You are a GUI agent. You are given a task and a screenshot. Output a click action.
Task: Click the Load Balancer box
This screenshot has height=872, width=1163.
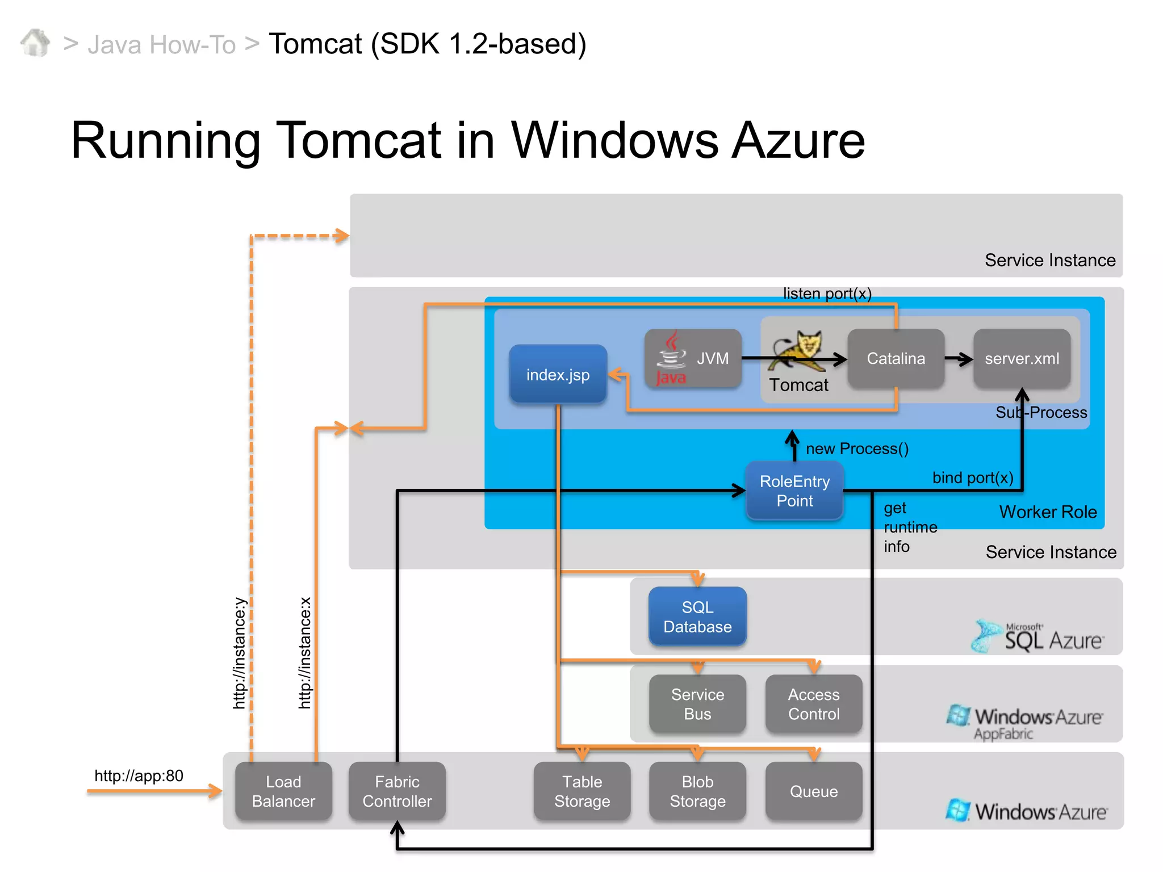pos(283,791)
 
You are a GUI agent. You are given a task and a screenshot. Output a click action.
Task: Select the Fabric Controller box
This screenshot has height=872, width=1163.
pos(397,791)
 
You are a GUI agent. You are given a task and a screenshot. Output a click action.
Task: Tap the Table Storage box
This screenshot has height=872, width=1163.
pos(582,791)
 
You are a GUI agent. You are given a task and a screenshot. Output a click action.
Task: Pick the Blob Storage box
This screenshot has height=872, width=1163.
pos(697,791)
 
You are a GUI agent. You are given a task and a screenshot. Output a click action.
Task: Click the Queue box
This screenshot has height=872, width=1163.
pos(813,791)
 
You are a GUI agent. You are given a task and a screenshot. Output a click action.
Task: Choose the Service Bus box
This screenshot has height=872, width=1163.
pos(697,704)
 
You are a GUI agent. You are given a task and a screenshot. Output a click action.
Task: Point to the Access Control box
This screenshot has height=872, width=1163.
pos(813,704)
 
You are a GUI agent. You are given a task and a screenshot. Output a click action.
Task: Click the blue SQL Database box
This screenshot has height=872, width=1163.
pos(697,617)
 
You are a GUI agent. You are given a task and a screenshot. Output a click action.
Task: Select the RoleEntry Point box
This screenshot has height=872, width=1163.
pos(794,491)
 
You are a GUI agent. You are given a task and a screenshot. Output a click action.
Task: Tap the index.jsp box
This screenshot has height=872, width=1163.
pos(558,374)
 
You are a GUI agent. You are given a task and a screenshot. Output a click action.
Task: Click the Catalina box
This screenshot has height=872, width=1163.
pos(896,358)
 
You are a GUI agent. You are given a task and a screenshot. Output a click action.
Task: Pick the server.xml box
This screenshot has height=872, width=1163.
pos(1022,358)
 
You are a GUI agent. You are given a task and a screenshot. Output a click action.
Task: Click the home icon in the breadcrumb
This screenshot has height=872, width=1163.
pos(35,43)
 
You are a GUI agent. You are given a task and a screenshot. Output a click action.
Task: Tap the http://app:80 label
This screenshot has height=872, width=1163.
pos(139,775)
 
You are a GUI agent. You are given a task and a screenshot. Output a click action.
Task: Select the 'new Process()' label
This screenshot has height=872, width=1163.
pos(857,448)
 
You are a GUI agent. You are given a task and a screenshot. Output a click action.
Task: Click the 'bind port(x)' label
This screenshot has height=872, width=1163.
pos(972,477)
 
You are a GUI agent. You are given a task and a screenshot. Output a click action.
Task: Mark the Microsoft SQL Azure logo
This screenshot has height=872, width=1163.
pos(1038,636)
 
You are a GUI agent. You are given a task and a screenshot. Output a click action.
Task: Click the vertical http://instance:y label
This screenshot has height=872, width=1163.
pos(240,653)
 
